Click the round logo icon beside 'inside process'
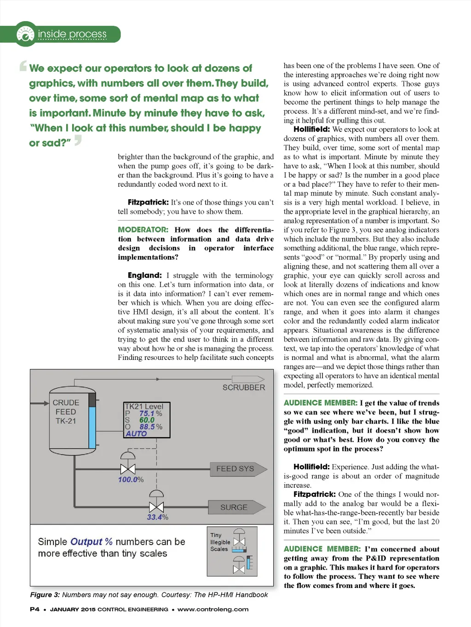coord(25,34)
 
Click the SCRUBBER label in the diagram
coord(244,388)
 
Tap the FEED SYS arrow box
coord(237,469)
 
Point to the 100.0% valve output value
coord(131,479)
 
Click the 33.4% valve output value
coord(157,517)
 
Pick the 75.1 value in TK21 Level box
coord(147,414)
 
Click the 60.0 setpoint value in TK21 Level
coord(147,420)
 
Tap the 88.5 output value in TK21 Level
coord(147,427)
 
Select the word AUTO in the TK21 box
coord(136,434)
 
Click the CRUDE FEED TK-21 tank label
coord(66,412)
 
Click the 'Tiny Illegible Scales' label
coord(220,542)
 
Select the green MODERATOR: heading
coord(143,230)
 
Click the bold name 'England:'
coord(144,275)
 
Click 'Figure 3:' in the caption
coord(45,595)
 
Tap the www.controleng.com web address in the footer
coord(213,610)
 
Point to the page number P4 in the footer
coord(34,610)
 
